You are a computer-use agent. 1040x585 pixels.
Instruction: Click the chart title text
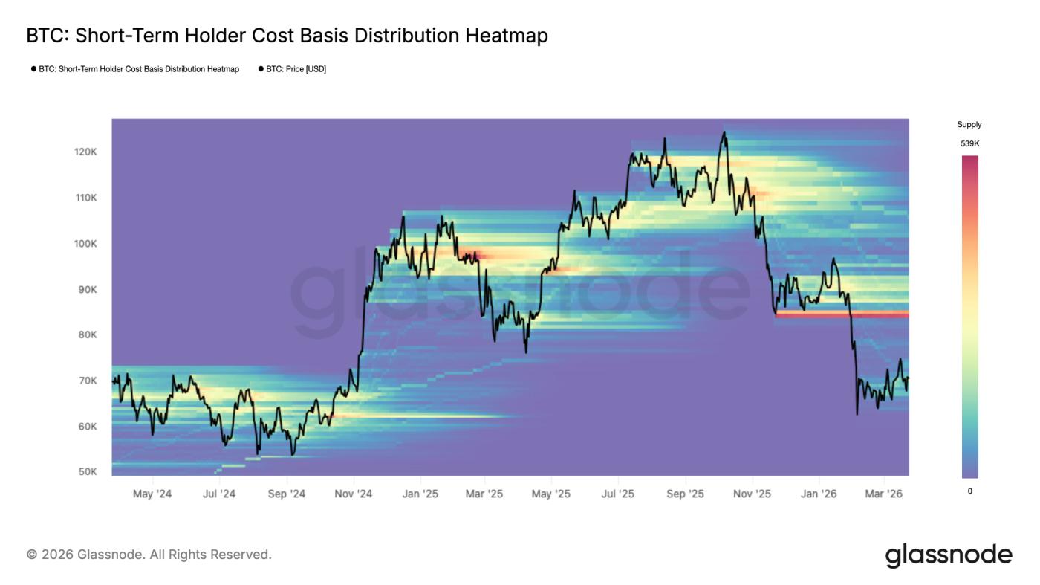coord(287,36)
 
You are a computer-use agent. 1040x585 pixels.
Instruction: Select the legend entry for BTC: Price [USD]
coord(296,69)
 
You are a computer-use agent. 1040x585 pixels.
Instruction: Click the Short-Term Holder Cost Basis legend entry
coord(139,69)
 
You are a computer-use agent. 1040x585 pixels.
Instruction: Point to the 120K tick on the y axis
coord(85,152)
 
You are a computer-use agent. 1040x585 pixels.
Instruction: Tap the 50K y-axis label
coord(88,472)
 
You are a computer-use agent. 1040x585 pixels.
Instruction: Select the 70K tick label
coord(88,381)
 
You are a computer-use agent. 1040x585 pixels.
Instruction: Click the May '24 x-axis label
coord(152,494)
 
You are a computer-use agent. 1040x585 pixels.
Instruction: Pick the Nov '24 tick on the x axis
coord(354,494)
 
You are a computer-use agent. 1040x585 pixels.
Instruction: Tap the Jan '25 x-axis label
coord(420,494)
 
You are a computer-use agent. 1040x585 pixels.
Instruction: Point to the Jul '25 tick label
coord(617,494)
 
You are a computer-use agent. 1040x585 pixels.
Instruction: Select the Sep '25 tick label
coord(685,494)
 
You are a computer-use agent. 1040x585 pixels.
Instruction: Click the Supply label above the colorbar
coord(969,125)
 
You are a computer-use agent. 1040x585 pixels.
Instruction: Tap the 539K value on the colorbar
coord(969,143)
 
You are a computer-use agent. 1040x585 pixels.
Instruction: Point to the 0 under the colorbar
coord(969,491)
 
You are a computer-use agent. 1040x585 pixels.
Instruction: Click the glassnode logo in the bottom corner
coord(949,555)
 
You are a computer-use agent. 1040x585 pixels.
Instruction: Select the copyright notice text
coord(149,555)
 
